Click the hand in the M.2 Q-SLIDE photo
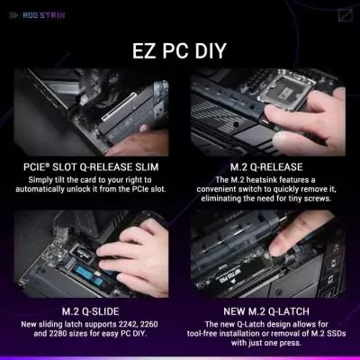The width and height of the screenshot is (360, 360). (x=135, y=256)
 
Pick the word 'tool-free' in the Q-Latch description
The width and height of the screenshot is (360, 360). (x=221, y=333)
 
